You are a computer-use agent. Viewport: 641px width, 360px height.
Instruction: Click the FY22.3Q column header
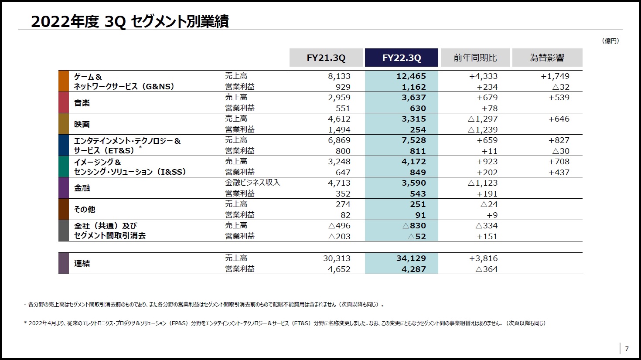pyautogui.click(x=401, y=58)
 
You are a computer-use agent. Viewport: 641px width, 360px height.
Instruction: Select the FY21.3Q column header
pyautogui.click(x=326, y=58)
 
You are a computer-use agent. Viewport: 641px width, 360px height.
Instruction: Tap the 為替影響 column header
pyautogui.click(x=547, y=58)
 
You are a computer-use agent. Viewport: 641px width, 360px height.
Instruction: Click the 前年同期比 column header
pyautogui.click(x=475, y=58)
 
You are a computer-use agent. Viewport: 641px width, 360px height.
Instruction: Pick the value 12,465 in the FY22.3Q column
pyautogui.click(x=411, y=76)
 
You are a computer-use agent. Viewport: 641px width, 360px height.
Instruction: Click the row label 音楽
pyautogui.click(x=82, y=103)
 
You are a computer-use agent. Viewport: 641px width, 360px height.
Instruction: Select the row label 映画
pyautogui.click(x=82, y=124)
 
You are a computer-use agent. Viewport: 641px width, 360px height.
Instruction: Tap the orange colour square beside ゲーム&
pyautogui.click(x=64, y=81)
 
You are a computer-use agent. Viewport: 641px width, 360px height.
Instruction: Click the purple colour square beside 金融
pyautogui.click(x=64, y=188)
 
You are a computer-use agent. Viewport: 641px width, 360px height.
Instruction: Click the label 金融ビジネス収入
pyautogui.click(x=252, y=183)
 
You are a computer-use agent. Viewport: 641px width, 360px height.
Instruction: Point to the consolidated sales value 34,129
pyautogui.click(x=411, y=258)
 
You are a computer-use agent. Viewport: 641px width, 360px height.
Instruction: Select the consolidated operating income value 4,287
pyautogui.click(x=413, y=269)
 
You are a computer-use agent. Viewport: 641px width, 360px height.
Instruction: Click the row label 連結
pyautogui.click(x=82, y=263)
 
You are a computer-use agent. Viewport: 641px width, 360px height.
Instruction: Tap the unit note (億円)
pyautogui.click(x=610, y=41)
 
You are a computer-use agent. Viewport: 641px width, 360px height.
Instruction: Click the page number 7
pyautogui.click(x=627, y=349)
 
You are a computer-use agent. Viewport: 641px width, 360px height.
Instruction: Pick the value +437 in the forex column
pyautogui.click(x=559, y=173)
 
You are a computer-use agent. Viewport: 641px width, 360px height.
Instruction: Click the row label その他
pyautogui.click(x=85, y=209)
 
